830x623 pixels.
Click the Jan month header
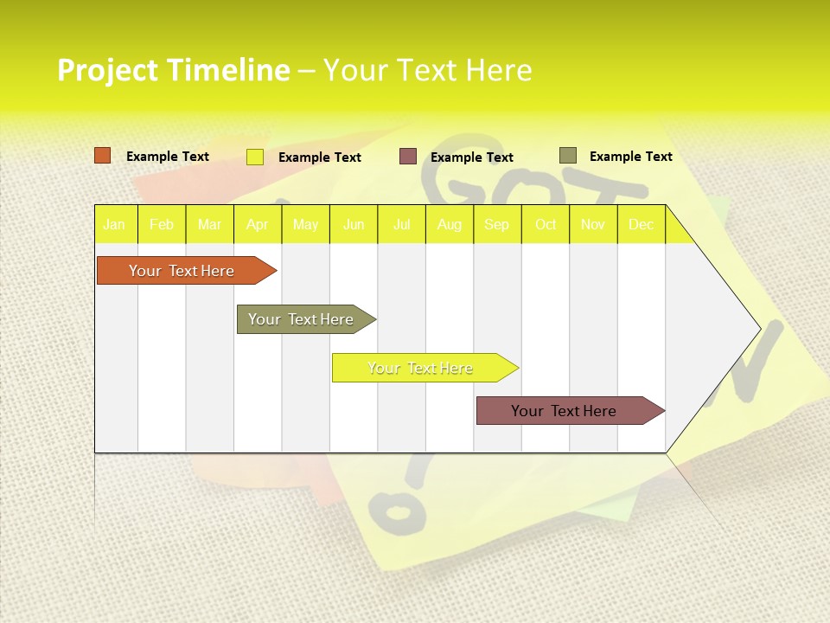(x=115, y=225)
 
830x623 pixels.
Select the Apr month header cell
(x=258, y=225)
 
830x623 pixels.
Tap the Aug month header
(x=450, y=225)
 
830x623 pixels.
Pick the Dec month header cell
(x=642, y=225)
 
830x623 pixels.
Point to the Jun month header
(x=354, y=225)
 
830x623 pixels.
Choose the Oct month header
(x=546, y=225)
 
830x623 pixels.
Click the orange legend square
(x=103, y=156)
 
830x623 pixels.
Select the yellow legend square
(x=255, y=157)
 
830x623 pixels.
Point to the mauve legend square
(x=408, y=157)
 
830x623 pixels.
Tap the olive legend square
(x=567, y=156)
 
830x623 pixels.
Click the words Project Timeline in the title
(x=173, y=70)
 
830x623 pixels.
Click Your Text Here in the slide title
(x=427, y=70)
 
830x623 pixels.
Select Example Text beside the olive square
(x=630, y=157)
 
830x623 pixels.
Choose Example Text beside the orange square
(x=168, y=157)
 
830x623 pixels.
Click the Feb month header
(x=162, y=225)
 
